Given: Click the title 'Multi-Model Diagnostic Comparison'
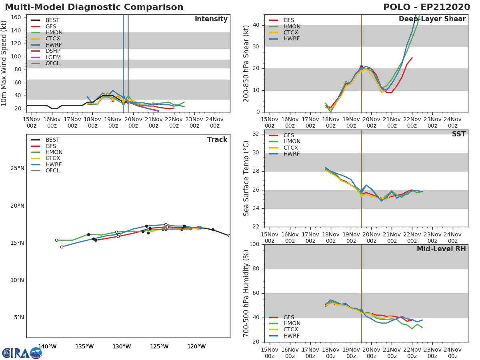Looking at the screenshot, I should (x=94, y=7).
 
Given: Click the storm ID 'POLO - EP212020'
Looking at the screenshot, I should (x=426, y=7).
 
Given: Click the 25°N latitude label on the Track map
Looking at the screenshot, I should (x=17, y=168).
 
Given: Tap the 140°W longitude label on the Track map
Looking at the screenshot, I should (x=47, y=347).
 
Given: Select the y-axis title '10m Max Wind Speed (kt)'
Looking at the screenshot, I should (x=4, y=63).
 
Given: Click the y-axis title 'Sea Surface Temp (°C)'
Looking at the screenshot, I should (x=246, y=178).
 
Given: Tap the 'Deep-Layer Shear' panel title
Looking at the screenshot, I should (x=432, y=19).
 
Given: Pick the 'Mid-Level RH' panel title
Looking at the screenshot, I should (x=441, y=249).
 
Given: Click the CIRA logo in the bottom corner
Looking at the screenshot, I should (x=22, y=353).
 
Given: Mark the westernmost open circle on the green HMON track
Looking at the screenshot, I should (x=56, y=240).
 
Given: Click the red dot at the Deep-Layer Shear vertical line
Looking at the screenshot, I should (x=361, y=67).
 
